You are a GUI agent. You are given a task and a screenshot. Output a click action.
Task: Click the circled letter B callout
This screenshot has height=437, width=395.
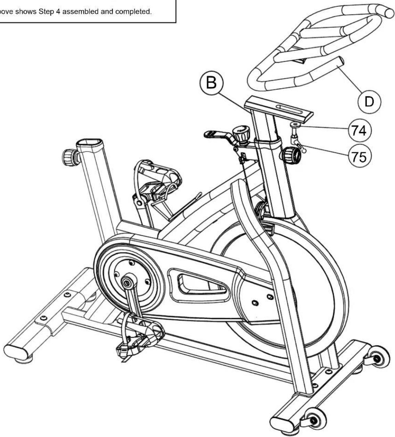(212, 83)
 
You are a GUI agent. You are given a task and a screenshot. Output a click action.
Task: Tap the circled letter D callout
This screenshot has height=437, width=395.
(369, 102)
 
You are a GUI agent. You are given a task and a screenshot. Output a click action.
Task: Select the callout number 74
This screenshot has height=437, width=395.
(360, 130)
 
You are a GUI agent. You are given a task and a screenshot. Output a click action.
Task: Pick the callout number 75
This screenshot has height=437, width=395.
(360, 156)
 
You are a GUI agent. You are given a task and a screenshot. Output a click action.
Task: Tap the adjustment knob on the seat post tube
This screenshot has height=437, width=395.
(69, 157)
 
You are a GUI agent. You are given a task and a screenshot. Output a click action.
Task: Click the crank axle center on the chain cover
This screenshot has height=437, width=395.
(126, 283)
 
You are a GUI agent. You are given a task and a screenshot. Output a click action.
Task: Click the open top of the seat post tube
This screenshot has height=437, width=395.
(89, 143)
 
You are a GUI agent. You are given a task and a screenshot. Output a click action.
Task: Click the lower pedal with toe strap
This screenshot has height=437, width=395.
(139, 335)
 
